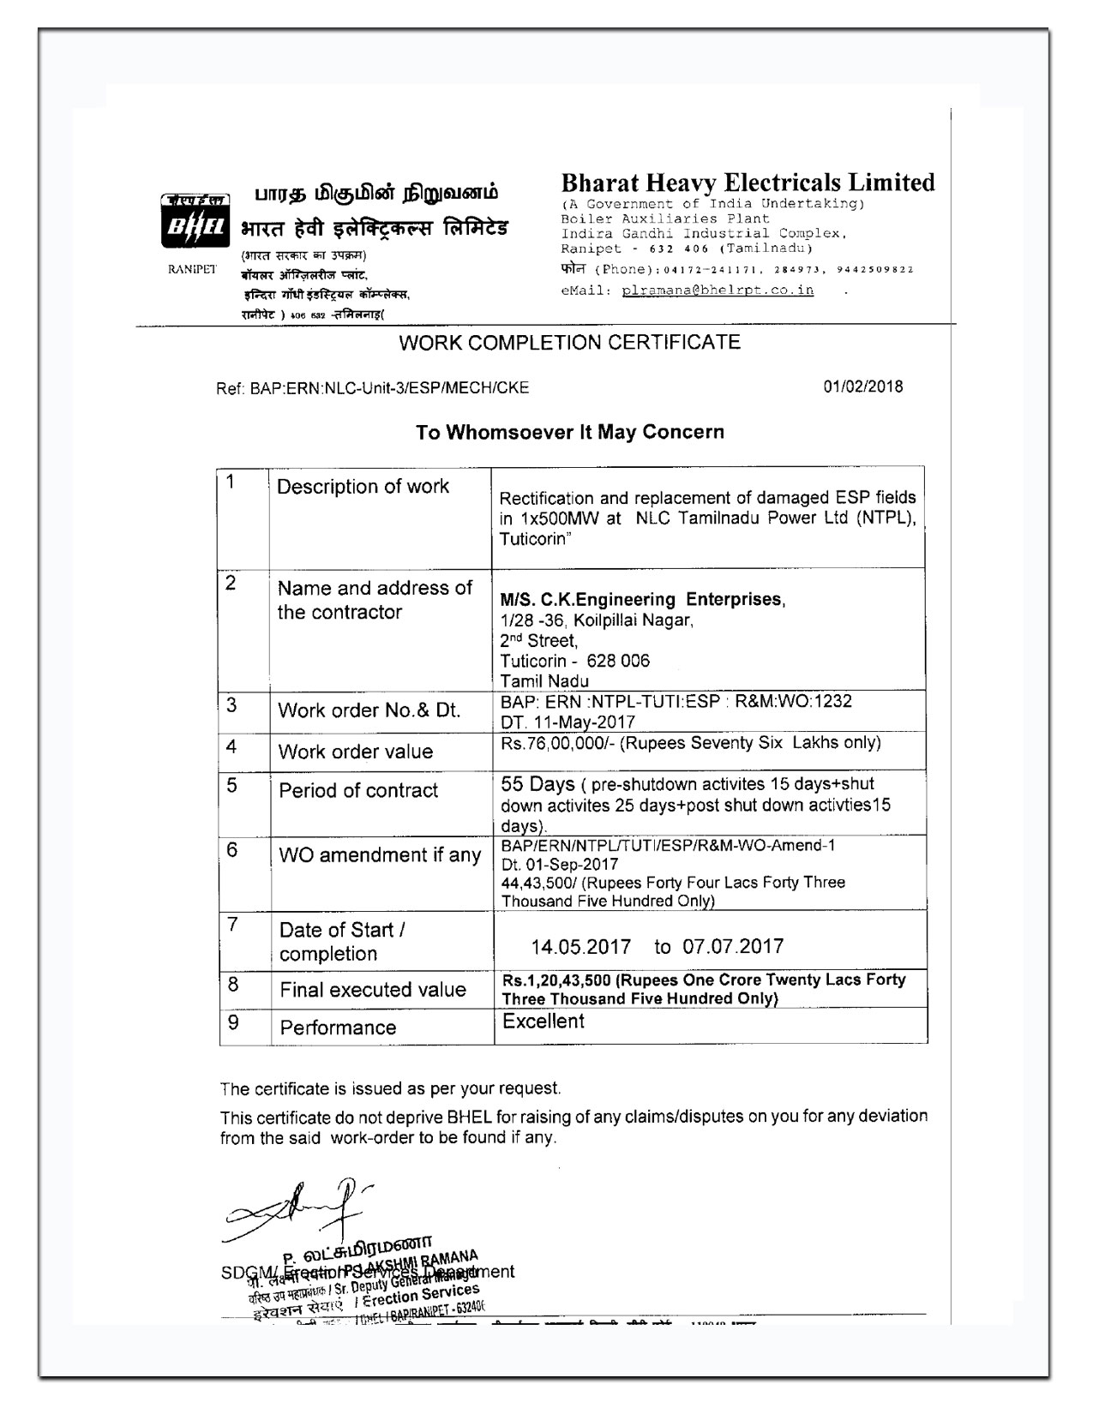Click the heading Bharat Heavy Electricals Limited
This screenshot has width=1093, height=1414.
click(x=748, y=183)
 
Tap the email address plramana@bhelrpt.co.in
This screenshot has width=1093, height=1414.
click(x=718, y=290)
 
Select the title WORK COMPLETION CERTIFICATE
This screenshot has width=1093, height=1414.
click(x=569, y=343)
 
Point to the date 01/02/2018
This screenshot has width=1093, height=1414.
click(x=863, y=386)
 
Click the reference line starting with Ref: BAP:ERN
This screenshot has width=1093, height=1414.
click(x=373, y=388)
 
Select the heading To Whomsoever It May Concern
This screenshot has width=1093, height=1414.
click(x=569, y=432)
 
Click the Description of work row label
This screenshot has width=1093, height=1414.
click(x=363, y=487)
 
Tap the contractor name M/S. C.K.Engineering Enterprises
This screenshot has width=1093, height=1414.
click(x=642, y=599)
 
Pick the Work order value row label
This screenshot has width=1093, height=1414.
click(x=356, y=752)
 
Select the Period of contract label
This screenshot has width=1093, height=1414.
click(x=358, y=790)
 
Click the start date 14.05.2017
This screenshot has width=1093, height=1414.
click(x=580, y=947)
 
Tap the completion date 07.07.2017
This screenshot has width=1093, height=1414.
click(x=733, y=947)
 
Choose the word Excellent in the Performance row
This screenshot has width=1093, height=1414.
click(x=543, y=1022)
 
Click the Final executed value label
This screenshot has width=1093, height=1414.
click(x=373, y=990)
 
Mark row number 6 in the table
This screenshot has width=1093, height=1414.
click(x=231, y=850)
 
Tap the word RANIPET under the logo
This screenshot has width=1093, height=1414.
click(x=192, y=269)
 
